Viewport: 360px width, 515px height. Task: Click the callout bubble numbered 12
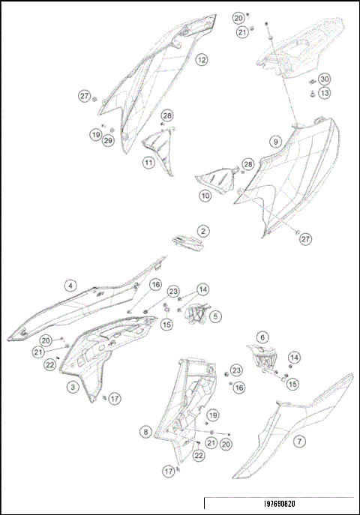[x=202, y=59]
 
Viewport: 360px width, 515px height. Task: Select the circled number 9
[x=276, y=142]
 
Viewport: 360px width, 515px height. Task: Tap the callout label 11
[x=149, y=162]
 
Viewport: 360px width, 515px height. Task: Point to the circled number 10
[x=205, y=196]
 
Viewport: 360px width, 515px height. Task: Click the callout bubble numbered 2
[x=203, y=232]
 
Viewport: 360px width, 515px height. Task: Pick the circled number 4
[x=70, y=286]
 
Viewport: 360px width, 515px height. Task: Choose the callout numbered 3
[x=73, y=387]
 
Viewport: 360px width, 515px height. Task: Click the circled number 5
[x=215, y=317]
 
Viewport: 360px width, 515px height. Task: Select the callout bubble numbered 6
[x=262, y=338]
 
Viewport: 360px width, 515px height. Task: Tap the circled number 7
[x=299, y=442]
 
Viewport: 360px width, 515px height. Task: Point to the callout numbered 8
[x=145, y=432]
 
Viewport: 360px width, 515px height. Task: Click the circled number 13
[x=324, y=93]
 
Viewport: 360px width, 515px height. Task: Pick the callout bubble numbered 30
[x=324, y=79]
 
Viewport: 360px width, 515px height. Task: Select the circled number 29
[x=108, y=141]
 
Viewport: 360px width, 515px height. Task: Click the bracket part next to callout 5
[x=197, y=316]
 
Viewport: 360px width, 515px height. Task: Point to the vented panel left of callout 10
[x=215, y=179]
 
